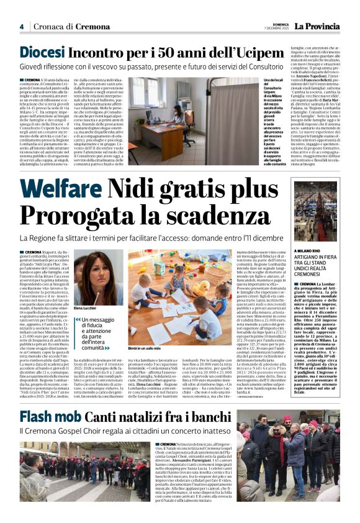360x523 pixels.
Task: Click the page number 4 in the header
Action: tap(21, 27)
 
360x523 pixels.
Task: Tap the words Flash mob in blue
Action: tap(48, 416)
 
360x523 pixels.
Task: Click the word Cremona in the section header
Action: tap(92, 27)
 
